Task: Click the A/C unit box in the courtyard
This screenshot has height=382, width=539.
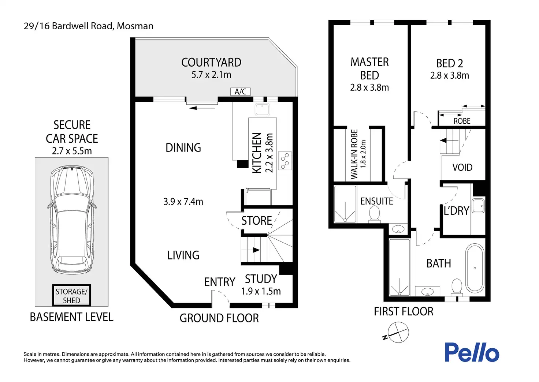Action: coord(240,91)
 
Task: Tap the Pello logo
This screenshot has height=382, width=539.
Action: coord(472,352)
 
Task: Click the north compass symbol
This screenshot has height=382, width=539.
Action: coord(398,332)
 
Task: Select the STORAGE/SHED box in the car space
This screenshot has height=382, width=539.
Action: coord(71,295)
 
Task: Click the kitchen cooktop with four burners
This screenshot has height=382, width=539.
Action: coord(285,160)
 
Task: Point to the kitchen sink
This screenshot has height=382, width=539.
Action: coord(262,110)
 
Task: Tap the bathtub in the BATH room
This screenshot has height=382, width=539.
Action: coord(475,268)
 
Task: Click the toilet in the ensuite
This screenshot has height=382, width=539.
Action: coord(375,214)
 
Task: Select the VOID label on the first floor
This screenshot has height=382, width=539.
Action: coord(462,167)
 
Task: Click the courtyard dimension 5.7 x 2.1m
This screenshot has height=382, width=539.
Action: coord(211,75)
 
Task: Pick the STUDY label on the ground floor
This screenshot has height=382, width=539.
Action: coord(261,279)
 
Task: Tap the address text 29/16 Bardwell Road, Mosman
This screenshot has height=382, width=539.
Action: coord(89,26)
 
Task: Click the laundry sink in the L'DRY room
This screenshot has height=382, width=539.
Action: coord(478,206)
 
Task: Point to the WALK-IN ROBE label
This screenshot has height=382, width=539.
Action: coord(354,154)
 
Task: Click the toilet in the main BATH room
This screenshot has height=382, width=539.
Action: coord(457,287)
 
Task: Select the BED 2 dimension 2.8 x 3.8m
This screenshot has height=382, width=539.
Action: coord(450,75)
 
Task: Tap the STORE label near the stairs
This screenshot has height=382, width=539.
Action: coord(257,221)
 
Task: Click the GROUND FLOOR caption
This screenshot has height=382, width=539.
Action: coord(219,318)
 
